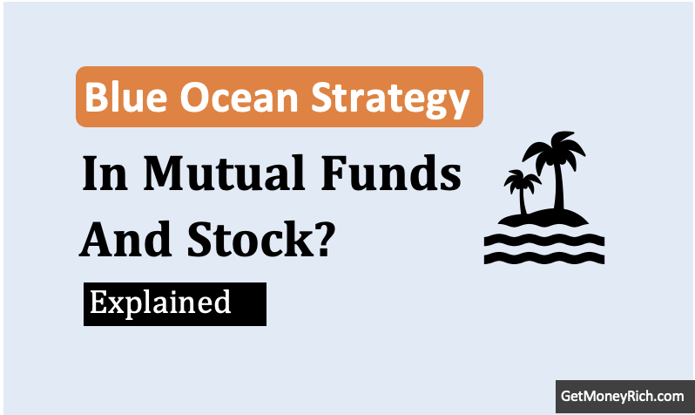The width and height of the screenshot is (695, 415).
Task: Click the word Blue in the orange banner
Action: tap(126, 97)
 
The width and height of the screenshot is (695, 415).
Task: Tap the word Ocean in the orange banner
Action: tap(239, 98)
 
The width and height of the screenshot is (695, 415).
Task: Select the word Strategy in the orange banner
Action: tap(390, 101)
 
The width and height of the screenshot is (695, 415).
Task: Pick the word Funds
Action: tap(390, 173)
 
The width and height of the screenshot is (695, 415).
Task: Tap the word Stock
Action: tap(251, 239)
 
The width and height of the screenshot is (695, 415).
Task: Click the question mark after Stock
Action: tap(326, 239)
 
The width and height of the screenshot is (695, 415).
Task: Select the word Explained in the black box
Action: tap(160, 303)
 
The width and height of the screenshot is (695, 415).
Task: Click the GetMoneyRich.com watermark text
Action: tap(623, 396)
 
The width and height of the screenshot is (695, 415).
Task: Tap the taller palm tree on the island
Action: tap(555, 171)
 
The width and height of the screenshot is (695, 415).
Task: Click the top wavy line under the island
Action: tap(544, 240)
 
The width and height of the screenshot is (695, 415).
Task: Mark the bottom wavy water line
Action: tap(544, 258)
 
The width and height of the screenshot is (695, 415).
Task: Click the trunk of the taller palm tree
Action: tap(558, 187)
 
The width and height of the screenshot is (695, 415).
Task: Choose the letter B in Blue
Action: tap(96, 97)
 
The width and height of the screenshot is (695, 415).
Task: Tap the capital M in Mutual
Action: tap(164, 173)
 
